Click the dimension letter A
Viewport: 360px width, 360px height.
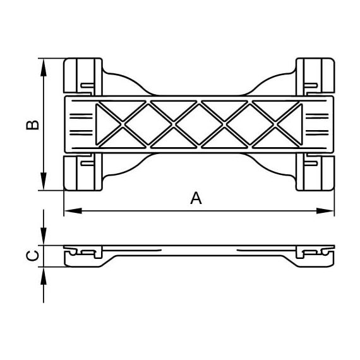[x=196, y=198]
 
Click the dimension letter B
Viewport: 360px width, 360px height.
[x=32, y=124]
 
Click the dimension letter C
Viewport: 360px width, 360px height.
[x=33, y=256]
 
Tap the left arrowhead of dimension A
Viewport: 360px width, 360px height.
[x=73, y=211]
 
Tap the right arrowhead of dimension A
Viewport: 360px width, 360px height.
[x=325, y=211]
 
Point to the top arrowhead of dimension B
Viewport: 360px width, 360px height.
[x=44, y=68]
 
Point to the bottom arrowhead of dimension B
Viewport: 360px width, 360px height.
[x=44, y=181]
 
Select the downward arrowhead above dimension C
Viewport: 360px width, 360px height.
[x=44, y=236]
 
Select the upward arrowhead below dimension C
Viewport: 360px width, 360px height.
[x=44, y=276]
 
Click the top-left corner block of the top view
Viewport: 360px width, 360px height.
[x=83, y=76]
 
